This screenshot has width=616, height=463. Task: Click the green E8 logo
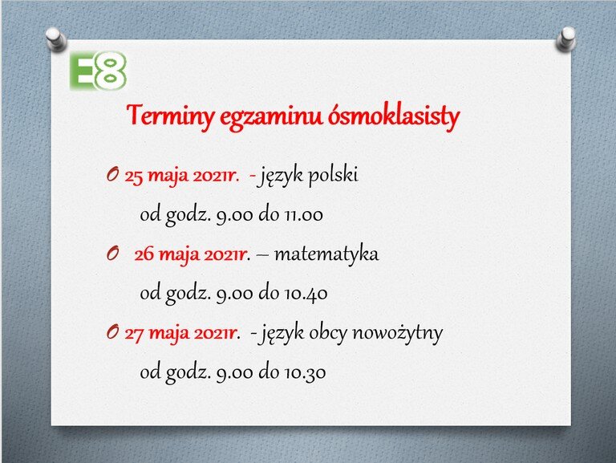[x=98, y=71]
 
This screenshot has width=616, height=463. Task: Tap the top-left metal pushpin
[x=55, y=39]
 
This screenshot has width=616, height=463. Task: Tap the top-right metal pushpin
[x=567, y=39]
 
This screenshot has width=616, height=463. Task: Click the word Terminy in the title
[x=171, y=116]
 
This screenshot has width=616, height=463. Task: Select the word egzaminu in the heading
[x=271, y=117]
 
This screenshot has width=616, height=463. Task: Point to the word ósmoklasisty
[x=394, y=116]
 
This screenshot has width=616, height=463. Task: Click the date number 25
[x=134, y=177]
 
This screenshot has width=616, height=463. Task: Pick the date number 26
[x=144, y=254]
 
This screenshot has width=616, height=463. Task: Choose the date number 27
[x=134, y=334]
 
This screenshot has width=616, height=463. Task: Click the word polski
[x=333, y=176]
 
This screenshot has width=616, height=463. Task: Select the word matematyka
[x=326, y=254]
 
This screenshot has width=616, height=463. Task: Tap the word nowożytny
[x=398, y=334]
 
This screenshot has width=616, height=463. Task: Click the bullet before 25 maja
[x=112, y=175]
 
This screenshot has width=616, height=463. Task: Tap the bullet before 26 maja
[x=112, y=254]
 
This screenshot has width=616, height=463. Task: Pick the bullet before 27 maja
[x=112, y=333]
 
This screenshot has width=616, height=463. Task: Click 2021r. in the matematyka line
[x=229, y=255]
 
